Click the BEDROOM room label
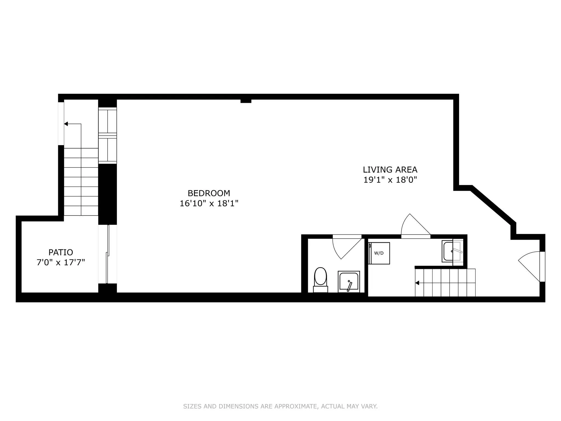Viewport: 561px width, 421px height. (209, 193)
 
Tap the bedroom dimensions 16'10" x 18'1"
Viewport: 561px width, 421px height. (209, 203)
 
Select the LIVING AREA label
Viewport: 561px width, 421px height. (390, 170)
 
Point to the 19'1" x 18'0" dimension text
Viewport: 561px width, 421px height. (390, 180)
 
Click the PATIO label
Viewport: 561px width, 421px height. (61, 252)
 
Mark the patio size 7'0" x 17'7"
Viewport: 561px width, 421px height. (61, 262)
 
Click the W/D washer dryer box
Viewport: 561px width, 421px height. (379, 253)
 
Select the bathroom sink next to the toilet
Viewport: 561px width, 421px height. (349, 282)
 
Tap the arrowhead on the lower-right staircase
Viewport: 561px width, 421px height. (417, 283)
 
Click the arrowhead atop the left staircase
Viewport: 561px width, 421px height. (66, 124)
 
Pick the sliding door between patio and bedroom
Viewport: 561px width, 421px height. (108, 254)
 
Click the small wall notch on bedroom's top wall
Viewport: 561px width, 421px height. (246, 101)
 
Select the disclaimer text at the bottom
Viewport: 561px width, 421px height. (280, 406)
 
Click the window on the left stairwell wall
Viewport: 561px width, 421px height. (61, 124)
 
